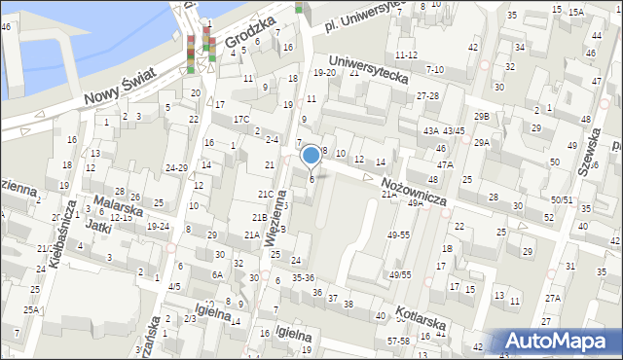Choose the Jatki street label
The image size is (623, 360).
tap(95, 225)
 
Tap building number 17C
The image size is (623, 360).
tap(240, 120)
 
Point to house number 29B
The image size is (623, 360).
tap(482, 117)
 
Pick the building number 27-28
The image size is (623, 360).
tap(427, 95)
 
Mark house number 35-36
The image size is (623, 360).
tap(303, 277)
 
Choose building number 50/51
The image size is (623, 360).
tap(562, 199)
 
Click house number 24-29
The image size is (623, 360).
tap(176, 168)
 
